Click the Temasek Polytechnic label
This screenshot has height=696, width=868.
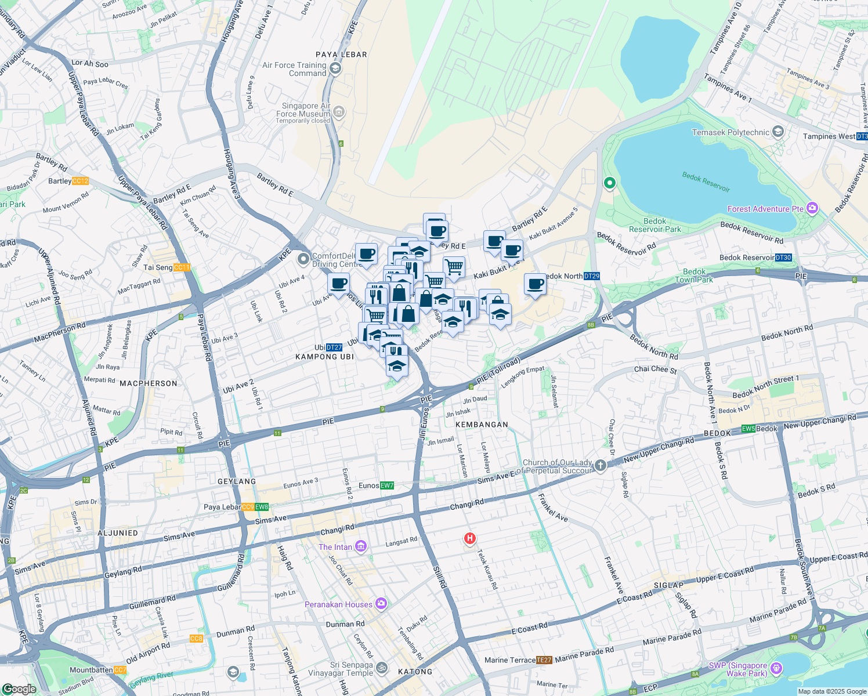coord(730,132)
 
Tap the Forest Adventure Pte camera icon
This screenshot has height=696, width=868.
coord(812,208)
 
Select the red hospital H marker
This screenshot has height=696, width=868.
coord(469,539)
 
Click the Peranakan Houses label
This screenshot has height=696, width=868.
coord(338,604)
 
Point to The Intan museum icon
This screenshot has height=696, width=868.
coord(361,546)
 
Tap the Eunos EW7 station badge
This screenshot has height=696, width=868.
coord(387,485)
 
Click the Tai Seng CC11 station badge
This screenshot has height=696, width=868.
coord(182,267)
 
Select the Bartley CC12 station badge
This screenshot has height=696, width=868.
coord(81,181)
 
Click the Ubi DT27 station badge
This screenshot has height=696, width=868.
coord(334,347)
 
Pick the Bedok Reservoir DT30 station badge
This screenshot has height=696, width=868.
coord(783,258)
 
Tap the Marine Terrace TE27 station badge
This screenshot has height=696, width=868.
coord(544,660)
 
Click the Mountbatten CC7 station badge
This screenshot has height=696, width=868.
coord(120,670)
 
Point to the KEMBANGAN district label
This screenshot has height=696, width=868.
coord(482,425)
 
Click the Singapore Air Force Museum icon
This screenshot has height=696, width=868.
coord(339,112)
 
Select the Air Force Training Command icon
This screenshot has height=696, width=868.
coord(335,69)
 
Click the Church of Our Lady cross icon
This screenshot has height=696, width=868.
coord(601,465)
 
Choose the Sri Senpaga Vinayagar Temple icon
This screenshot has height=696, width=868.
coord(381,668)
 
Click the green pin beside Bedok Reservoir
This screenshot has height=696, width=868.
coord(609,183)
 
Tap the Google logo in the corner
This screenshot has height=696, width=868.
coord(19,688)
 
